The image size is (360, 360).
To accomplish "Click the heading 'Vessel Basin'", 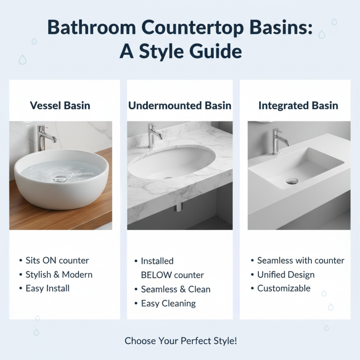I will click(60, 106).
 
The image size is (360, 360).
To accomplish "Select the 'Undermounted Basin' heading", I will click(180, 106).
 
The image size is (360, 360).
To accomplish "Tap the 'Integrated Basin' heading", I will click(298, 106).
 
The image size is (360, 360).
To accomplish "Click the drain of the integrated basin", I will click(292, 181).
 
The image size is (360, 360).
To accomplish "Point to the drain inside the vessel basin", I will click(60, 179).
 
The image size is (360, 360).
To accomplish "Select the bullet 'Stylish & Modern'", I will click(59, 274).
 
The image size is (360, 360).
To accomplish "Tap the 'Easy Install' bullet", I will click(48, 288).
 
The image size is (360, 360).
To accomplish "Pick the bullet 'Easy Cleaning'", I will click(168, 303).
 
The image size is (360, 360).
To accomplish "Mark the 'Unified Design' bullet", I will click(286, 274).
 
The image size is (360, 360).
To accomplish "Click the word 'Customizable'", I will click(284, 288).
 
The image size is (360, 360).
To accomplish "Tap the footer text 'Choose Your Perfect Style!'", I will click(180, 341).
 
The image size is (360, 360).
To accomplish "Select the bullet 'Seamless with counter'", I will click(301, 261).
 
